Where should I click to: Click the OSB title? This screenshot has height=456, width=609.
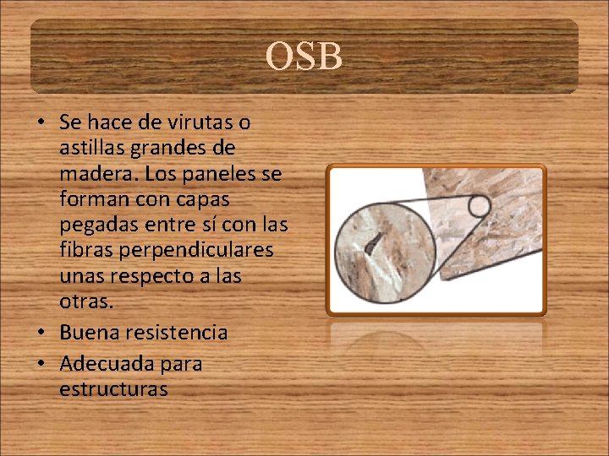click(304, 57)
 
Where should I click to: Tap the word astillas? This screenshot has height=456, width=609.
click(91, 149)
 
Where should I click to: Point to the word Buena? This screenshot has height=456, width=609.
click(89, 333)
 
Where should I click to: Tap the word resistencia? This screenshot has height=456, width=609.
click(176, 333)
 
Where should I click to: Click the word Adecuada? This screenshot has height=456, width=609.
click(106, 364)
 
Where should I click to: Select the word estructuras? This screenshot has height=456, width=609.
click(113, 389)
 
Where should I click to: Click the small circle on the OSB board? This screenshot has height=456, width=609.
click(480, 205)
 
